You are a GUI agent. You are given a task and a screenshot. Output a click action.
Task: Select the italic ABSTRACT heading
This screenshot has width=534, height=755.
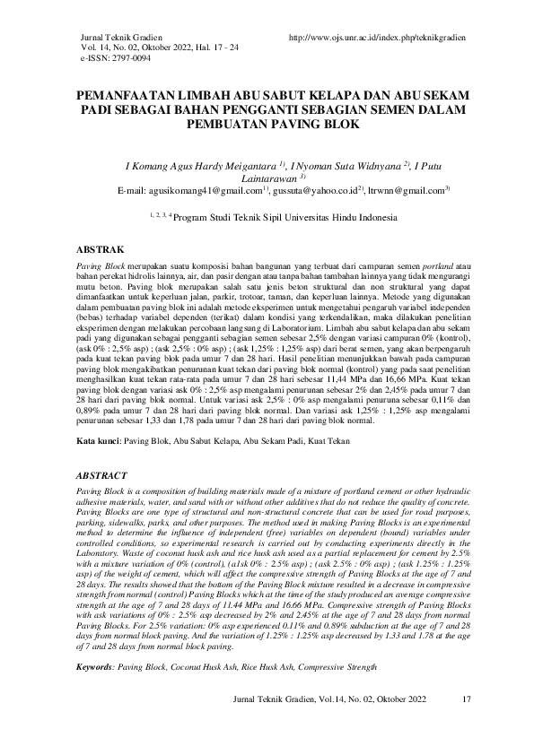[101, 475]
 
